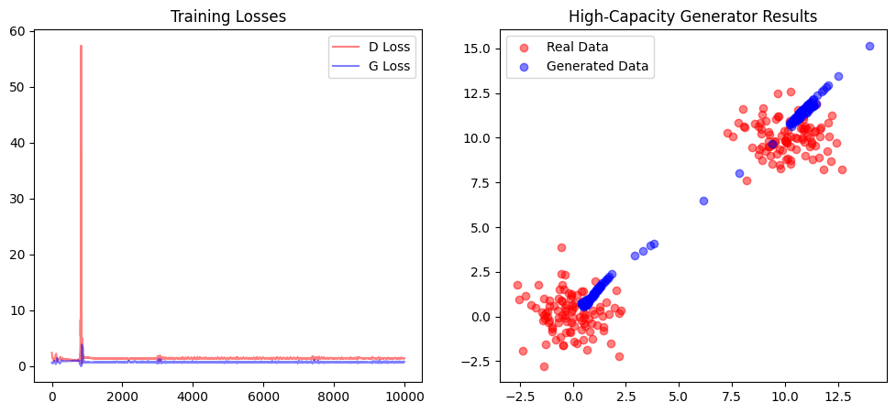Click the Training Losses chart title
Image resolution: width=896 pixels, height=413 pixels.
click(x=227, y=16)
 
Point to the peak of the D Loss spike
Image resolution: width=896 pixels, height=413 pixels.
click(x=81, y=46)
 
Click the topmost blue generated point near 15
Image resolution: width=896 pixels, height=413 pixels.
click(x=869, y=46)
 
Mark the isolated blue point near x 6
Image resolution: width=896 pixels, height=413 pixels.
click(x=703, y=201)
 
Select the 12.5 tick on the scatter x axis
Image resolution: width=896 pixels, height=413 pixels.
click(x=837, y=397)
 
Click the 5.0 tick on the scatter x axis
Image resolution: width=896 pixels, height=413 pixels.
click(x=679, y=397)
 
